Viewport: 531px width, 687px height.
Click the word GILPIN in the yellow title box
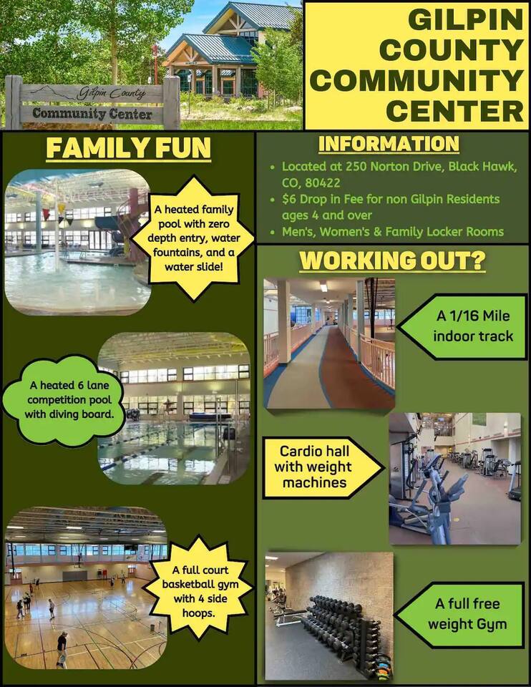point(465,20)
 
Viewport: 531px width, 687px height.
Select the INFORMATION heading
point(389,144)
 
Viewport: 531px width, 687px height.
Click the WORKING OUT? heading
point(393,260)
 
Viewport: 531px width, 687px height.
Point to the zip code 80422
point(323,182)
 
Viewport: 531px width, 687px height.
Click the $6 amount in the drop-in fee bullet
point(288,200)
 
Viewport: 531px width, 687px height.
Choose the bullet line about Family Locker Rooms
point(393,232)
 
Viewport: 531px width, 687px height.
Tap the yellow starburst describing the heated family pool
point(194,238)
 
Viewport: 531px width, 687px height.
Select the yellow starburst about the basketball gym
point(200,590)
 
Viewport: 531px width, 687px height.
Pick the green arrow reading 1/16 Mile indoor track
point(463,326)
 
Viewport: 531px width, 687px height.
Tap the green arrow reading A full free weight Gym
point(461,614)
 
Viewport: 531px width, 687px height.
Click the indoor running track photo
point(329,343)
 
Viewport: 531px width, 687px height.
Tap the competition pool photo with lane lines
point(174,409)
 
